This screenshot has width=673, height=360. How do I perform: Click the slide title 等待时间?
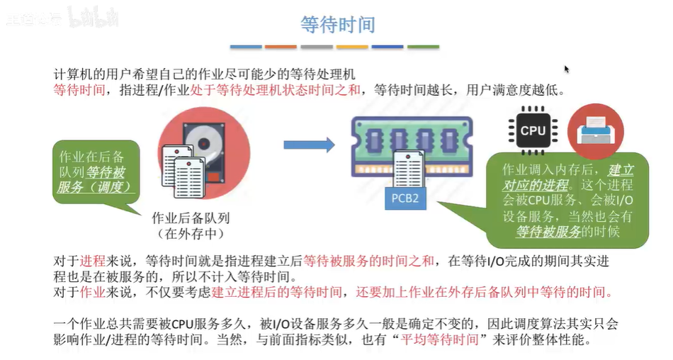338,25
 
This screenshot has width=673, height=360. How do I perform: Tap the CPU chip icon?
533,130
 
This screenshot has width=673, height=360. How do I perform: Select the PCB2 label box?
405,198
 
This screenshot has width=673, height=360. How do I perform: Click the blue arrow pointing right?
309,145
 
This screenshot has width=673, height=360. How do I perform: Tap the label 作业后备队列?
191,218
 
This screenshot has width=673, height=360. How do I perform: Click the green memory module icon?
411,145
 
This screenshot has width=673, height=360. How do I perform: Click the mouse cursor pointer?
566,69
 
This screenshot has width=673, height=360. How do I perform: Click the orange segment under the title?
281,47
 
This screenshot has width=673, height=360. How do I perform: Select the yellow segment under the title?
352,47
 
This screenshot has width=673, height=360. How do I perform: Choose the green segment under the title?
423,47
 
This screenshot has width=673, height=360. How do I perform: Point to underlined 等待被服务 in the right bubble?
548,232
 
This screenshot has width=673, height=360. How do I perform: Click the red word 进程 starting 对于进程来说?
92,261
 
